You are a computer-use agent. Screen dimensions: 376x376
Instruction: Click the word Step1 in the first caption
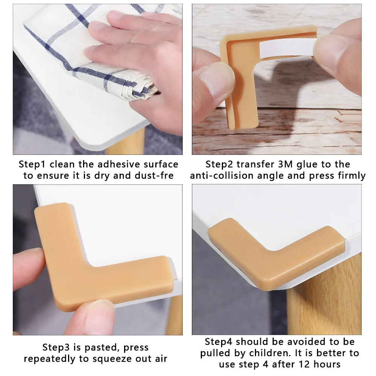click(x=33, y=164)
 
